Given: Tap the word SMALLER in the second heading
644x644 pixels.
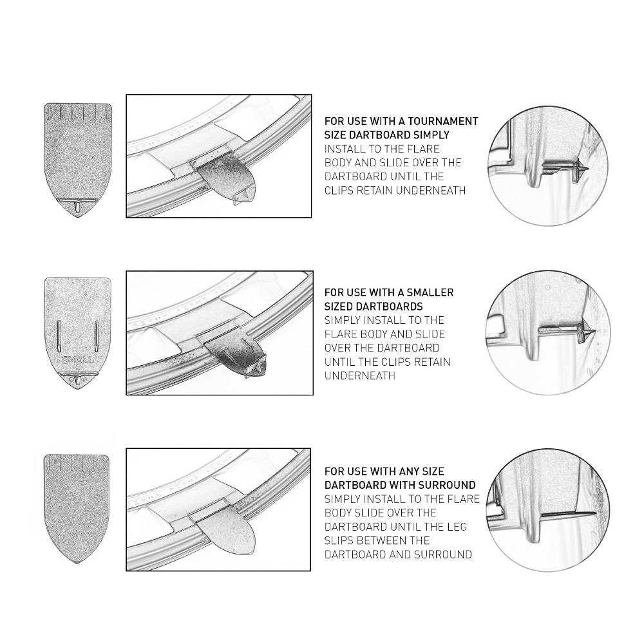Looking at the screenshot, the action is [429, 293].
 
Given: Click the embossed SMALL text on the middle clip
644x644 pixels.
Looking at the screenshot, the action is [78, 360].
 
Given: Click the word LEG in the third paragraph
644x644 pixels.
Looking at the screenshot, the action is [457, 527].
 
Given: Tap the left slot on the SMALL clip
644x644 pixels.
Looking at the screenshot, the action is [59, 336].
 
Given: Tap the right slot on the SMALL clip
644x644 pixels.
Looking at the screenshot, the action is [97, 336].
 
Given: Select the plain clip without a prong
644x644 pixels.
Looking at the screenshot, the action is [77, 508].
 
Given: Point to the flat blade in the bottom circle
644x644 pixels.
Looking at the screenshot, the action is [568, 514].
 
